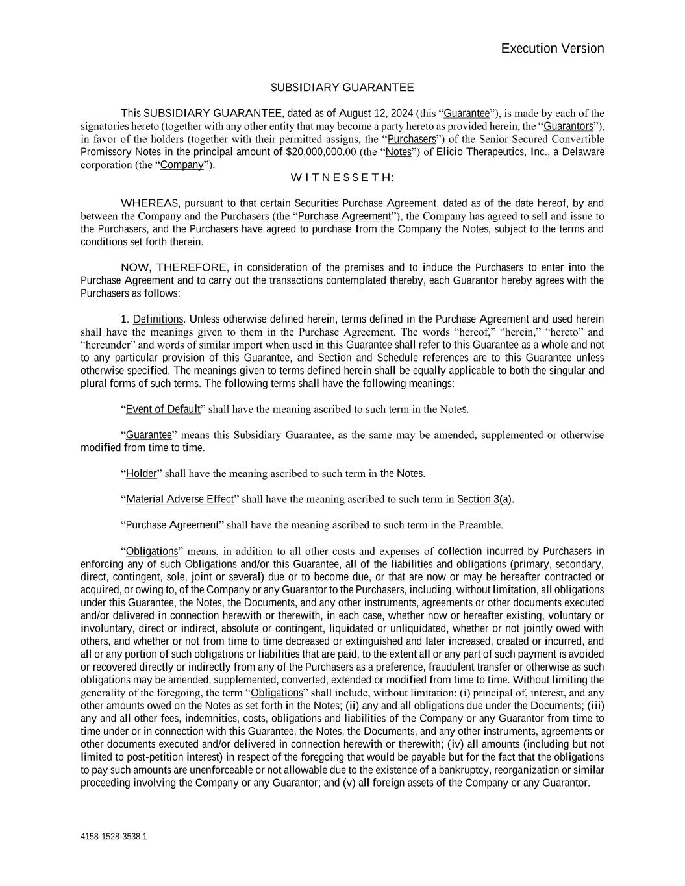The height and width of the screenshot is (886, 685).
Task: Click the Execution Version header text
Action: click(552, 49)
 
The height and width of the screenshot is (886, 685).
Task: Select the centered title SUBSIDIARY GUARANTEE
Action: click(342, 88)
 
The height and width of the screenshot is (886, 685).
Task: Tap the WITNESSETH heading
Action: click(342, 178)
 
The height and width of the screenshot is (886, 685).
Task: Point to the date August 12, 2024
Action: click(376, 114)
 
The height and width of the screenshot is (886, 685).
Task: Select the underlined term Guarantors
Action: click(568, 126)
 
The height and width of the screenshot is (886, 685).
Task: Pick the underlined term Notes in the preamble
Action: click(398, 152)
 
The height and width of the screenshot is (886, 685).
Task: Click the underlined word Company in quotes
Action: click(182, 165)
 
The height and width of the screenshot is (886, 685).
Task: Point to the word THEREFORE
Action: click(192, 267)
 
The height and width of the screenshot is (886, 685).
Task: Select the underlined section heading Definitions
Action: click(158, 319)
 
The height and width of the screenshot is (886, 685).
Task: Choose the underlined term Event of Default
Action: click(163, 409)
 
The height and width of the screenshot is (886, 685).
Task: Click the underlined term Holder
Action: click(142, 473)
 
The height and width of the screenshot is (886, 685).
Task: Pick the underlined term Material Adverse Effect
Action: click(180, 499)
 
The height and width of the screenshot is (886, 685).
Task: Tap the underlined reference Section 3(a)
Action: click(484, 499)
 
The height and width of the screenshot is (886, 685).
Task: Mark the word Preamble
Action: click(480, 525)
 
